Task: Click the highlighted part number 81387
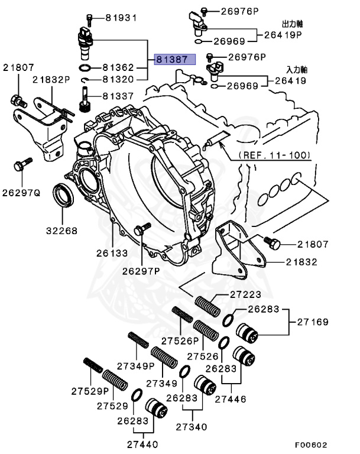[x=171, y=60]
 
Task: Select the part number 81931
[x=121, y=18]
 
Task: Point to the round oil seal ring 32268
[x=62, y=196]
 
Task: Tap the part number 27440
[x=142, y=443]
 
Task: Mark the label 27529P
[x=90, y=391]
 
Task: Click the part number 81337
[x=122, y=95]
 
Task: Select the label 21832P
[x=51, y=79]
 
